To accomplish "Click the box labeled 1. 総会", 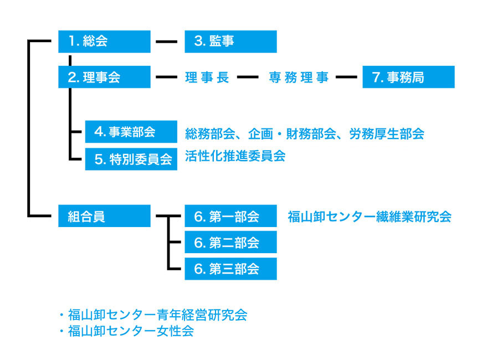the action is (x=104, y=42).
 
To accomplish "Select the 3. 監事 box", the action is (x=230, y=42).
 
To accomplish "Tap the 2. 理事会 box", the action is (x=104, y=77).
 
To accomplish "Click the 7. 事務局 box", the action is (x=408, y=77).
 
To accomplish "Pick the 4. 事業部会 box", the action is (x=131, y=132).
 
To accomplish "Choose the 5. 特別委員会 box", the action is (x=131, y=159).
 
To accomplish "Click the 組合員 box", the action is (x=104, y=216).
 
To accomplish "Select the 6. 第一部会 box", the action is (x=230, y=216).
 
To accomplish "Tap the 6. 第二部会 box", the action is (x=230, y=242).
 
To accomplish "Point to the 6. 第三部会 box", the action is (x=230, y=269).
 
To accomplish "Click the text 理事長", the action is (x=207, y=77).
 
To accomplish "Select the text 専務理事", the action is (x=299, y=77).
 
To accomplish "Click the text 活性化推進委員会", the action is (x=235, y=156).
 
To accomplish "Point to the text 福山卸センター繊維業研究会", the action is (x=370, y=217).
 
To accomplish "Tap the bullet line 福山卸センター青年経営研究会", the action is (x=153, y=315).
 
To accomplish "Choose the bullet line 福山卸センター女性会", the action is (x=126, y=331).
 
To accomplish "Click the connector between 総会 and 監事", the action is (x=167, y=42).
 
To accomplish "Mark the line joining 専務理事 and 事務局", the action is (x=346, y=77).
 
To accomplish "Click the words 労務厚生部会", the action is (x=387, y=133).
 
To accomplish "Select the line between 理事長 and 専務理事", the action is (x=248, y=77).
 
